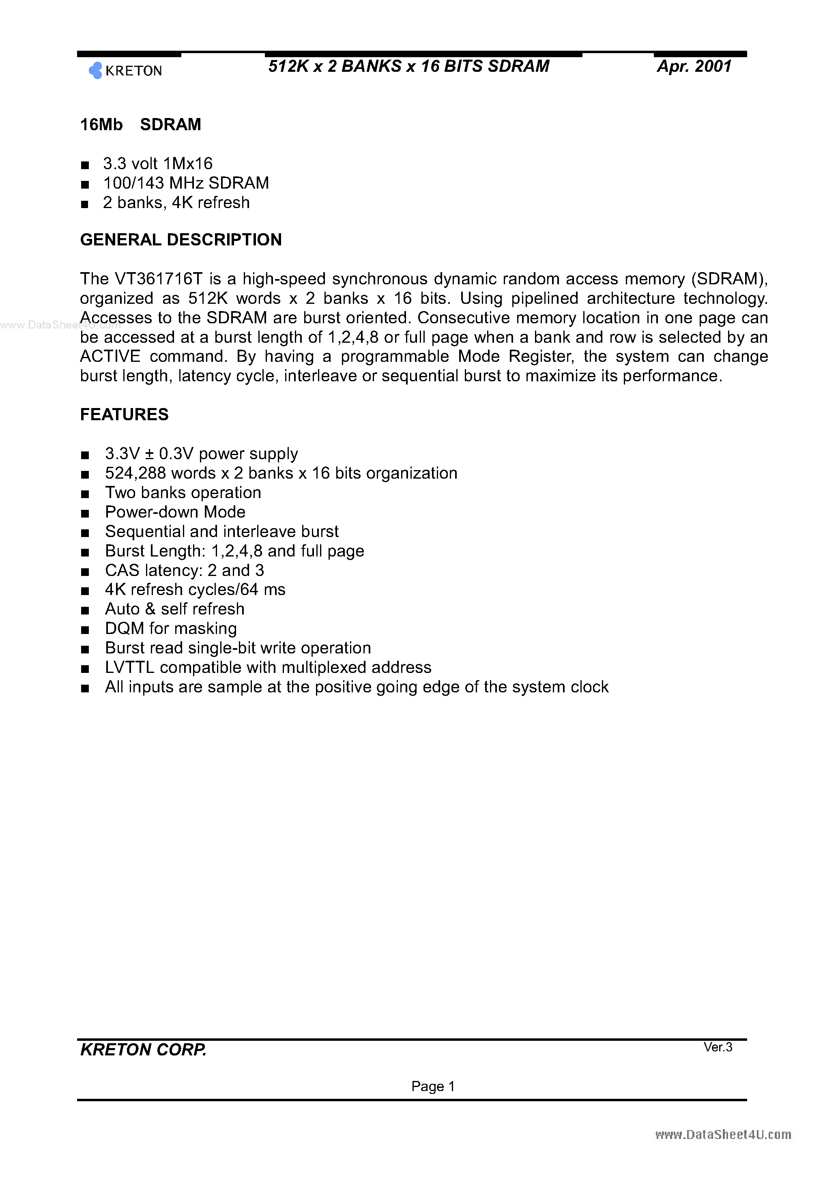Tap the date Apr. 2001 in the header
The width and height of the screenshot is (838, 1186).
click(x=694, y=66)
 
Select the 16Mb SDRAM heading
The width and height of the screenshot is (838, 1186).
click(x=140, y=125)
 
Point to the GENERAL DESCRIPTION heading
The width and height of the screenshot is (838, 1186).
click(x=181, y=240)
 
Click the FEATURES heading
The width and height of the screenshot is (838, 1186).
click(x=124, y=414)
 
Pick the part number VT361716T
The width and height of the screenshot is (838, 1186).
click(x=159, y=279)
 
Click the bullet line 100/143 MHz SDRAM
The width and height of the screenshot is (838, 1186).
click(x=186, y=183)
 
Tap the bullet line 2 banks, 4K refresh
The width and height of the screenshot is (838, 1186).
click(x=176, y=202)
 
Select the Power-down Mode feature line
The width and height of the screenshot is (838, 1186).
click(x=175, y=512)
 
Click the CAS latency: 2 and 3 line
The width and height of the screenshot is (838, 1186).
click(x=185, y=570)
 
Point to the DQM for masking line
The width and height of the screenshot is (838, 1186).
click(x=171, y=629)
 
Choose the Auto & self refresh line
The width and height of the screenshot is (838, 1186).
click(x=175, y=609)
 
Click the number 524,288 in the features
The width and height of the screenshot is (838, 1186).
click(x=135, y=473)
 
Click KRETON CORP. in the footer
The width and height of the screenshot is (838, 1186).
click(x=143, y=1050)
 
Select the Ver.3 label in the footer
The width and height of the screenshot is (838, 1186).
click(x=718, y=1046)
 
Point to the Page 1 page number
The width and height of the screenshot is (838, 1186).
click(x=433, y=1086)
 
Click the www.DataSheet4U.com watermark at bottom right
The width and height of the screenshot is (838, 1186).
click(x=723, y=1134)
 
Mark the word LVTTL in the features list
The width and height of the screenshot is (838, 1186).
click(x=130, y=667)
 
